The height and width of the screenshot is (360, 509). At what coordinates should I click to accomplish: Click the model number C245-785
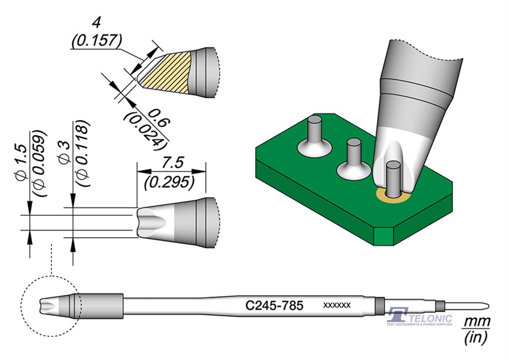pos(274,306)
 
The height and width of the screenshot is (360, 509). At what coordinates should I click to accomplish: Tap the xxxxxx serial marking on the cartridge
pos(336,305)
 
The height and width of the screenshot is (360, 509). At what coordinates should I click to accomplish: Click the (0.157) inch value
pos(95,42)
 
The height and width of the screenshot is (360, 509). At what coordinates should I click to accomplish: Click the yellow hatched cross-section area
pos(167,73)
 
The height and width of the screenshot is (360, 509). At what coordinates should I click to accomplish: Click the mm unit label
pos(477,322)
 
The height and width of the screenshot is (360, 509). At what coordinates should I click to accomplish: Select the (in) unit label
pos(477,338)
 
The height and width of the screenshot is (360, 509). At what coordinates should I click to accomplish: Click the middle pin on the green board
pos(354,152)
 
